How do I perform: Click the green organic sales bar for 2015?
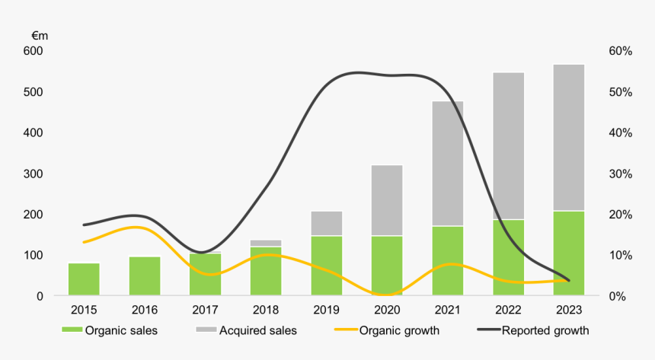tap(84, 279)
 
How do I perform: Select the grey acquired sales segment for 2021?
tap(448, 164)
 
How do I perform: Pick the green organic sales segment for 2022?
tap(509, 257)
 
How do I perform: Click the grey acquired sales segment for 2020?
tap(387, 200)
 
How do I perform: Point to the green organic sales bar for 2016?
tap(145, 276)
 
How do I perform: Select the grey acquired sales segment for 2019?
tap(327, 224)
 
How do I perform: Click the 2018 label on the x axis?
tap(266, 311)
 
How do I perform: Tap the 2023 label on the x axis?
tap(569, 311)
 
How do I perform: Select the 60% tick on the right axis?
tap(621, 51)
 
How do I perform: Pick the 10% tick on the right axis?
tap(621, 255)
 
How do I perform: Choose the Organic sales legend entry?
tap(114, 330)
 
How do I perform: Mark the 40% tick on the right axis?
tap(621, 132)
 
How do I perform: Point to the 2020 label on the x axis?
tap(387, 311)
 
